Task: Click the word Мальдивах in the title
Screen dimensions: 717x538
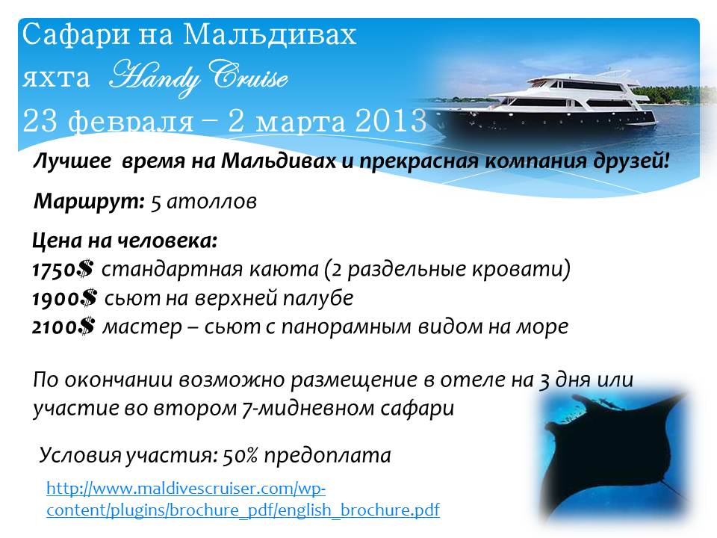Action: pyautogui.click(x=270, y=35)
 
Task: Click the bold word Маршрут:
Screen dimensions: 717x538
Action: pyautogui.click(x=89, y=201)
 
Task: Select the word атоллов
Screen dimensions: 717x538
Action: pyautogui.click(x=211, y=202)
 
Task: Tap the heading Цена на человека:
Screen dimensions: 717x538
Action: pyautogui.click(x=125, y=241)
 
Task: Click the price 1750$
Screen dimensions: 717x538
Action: pyautogui.click(x=63, y=269)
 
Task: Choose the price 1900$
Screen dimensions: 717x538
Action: pyautogui.click(x=64, y=298)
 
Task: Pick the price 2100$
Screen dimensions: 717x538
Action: pyautogui.click(x=63, y=327)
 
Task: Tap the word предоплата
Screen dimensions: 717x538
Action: pyautogui.click(x=327, y=456)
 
